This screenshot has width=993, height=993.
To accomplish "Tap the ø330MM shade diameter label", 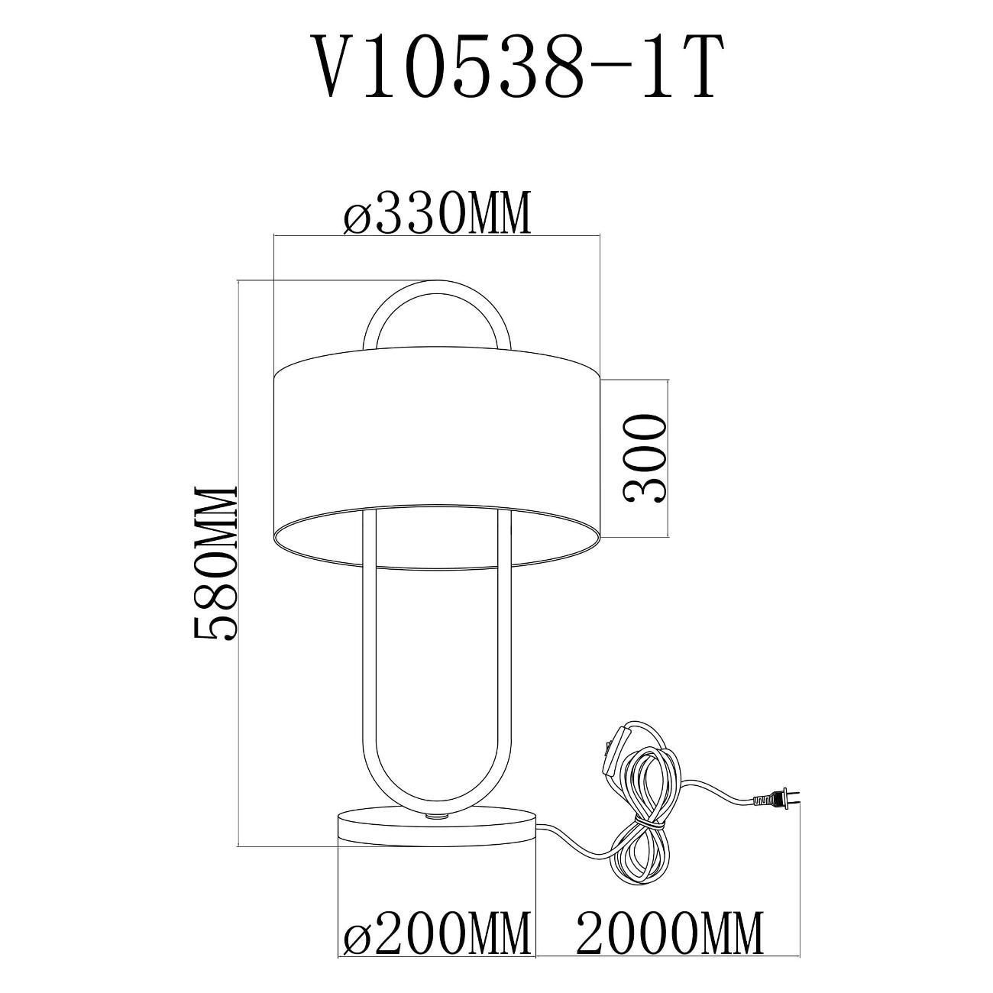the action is [436, 213].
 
